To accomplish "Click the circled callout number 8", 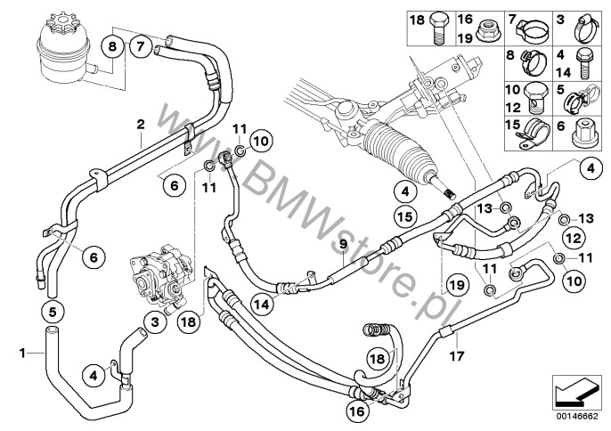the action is click(x=112, y=47).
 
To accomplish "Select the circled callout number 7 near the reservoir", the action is click(x=141, y=47).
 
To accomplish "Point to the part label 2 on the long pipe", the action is click(x=141, y=125).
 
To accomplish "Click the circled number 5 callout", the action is click(x=53, y=312).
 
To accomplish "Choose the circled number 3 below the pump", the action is click(x=155, y=321).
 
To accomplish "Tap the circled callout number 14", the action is click(x=262, y=305).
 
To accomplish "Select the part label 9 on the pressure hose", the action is click(x=343, y=245).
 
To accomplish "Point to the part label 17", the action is click(x=457, y=355).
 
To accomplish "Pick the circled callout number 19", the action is click(x=458, y=285).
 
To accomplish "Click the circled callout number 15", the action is click(x=405, y=215).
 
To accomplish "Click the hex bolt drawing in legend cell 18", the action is click(x=439, y=28).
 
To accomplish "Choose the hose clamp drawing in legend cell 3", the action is click(x=586, y=28).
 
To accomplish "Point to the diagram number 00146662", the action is click(x=576, y=416).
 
